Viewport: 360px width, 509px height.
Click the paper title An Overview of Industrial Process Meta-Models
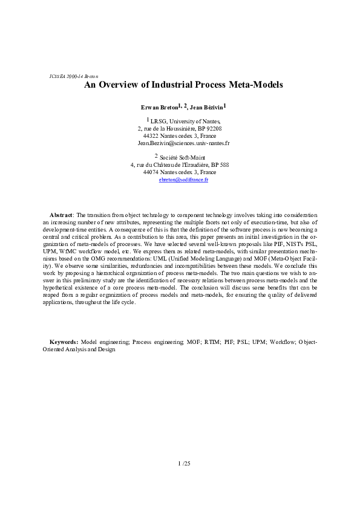[183, 85]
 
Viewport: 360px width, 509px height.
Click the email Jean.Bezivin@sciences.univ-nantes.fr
[183, 143]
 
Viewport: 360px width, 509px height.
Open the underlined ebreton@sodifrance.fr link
[183, 180]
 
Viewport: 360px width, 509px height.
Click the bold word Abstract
[61, 215]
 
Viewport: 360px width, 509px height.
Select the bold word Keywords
[63, 342]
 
